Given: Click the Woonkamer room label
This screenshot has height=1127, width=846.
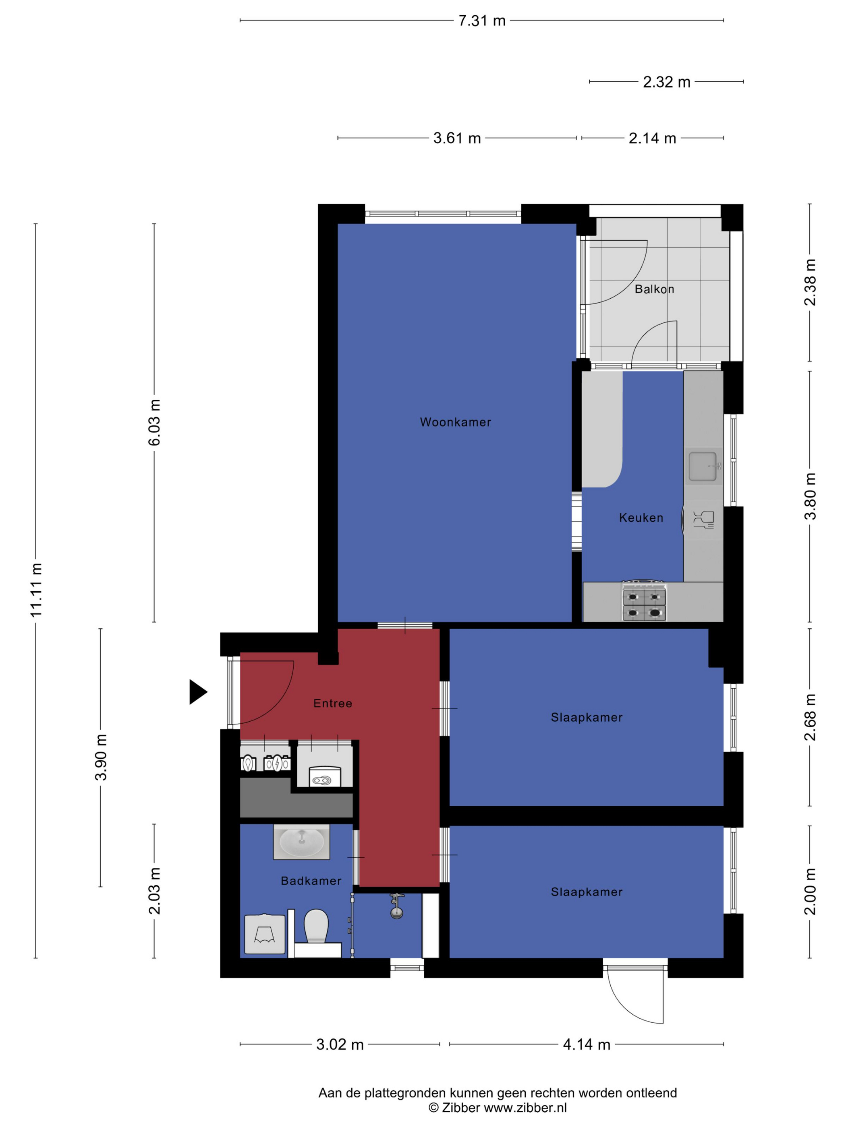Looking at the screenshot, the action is [x=455, y=422].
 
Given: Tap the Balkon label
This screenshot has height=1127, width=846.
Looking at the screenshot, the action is [x=654, y=289].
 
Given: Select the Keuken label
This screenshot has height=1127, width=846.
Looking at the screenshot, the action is [x=641, y=518].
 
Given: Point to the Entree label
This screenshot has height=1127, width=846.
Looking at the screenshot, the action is [x=332, y=703].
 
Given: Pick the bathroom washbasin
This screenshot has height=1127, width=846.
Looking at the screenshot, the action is [x=301, y=842].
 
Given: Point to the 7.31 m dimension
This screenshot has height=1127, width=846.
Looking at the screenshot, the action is [x=482, y=21].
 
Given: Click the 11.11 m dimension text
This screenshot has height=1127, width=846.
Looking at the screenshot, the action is [x=36, y=590].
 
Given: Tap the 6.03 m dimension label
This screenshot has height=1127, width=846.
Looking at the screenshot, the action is [x=154, y=422].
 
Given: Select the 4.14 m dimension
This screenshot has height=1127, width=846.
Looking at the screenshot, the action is [x=587, y=1044].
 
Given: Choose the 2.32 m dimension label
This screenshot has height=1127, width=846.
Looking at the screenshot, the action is [x=666, y=82].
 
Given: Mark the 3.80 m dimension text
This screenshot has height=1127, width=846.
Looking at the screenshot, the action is [x=810, y=496].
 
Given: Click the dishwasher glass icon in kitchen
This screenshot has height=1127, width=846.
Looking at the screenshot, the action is [x=703, y=519].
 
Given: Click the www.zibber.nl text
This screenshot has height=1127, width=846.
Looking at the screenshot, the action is [x=525, y=1108].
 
